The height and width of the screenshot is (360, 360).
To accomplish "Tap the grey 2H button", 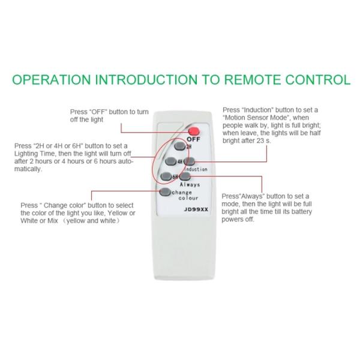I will pos(179,146).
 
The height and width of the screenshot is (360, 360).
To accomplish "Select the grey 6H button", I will pos(167,176).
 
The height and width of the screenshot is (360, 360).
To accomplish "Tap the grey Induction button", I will pos(189,161).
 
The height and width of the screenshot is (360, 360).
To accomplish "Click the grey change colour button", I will pos(164,193).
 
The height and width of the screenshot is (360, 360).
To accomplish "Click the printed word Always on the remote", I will pos(190,185).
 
